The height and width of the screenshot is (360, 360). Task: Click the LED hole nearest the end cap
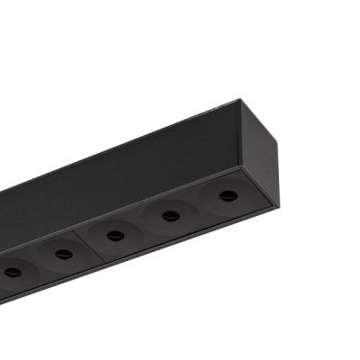point(228,195)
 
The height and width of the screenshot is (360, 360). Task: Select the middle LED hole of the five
point(115,236)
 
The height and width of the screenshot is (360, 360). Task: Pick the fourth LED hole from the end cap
point(63,255)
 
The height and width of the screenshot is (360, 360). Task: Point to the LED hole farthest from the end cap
point(12,273)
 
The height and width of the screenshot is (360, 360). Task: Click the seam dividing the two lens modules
point(88,242)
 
